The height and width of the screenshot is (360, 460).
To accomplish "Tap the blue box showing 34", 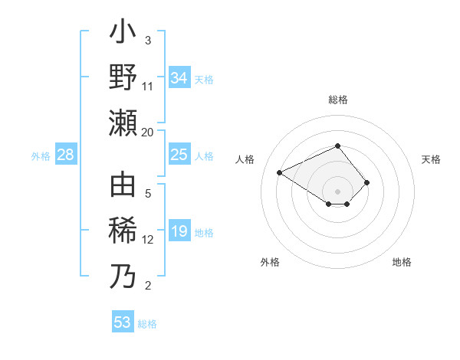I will (179, 77).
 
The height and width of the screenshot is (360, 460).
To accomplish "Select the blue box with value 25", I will (179, 155).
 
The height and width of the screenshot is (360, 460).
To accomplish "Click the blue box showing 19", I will (179, 231).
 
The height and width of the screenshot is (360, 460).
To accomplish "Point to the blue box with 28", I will (65, 155).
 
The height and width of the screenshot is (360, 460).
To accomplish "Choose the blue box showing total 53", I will (123, 322).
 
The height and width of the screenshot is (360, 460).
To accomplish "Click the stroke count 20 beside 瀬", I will (148, 132).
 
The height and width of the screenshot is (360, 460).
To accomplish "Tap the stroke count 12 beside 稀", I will (148, 240).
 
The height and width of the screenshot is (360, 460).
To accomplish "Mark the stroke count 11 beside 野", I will (148, 86).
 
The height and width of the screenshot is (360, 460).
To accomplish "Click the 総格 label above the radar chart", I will (337, 100).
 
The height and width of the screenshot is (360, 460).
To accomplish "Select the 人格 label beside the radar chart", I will (245, 159).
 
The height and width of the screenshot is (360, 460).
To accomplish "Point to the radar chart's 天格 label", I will (431, 159).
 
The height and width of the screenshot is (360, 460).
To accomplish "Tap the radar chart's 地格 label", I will (402, 262).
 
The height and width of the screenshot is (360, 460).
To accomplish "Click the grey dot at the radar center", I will (337, 191).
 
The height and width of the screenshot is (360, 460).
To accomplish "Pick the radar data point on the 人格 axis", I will (280, 172).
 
